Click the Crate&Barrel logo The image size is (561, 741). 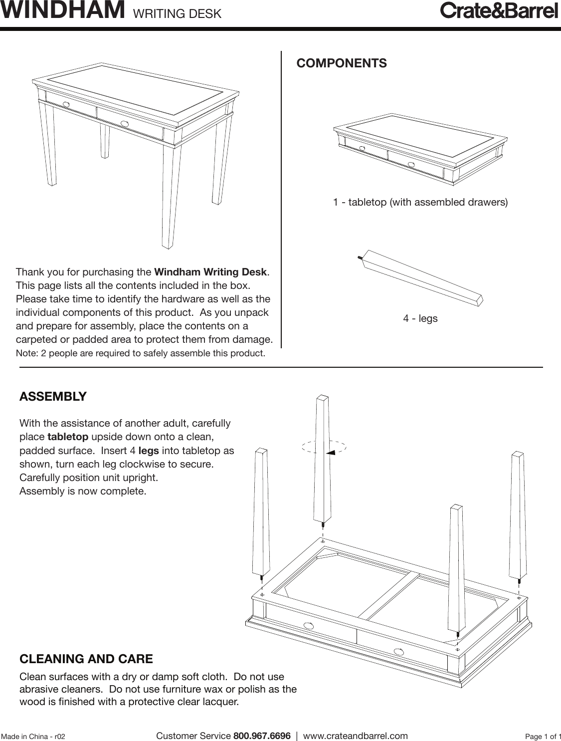click(x=498, y=11)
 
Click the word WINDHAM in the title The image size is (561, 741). click(x=63, y=10)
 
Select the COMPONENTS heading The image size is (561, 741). click(x=342, y=63)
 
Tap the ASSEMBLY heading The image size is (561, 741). click(x=53, y=397)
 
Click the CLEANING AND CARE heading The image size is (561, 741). click(x=86, y=659)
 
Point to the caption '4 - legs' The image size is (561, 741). click(x=420, y=318)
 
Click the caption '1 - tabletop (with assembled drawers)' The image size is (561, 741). click(x=420, y=203)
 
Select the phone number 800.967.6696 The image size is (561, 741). click(x=262, y=736)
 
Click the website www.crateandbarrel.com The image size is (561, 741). click(x=356, y=736)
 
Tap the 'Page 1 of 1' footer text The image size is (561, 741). click(x=543, y=737)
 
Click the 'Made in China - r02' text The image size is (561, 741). click(x=33, y=737)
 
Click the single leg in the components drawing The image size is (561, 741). click(x=422, y=277)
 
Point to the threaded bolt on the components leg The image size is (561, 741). click(x=360, y=257)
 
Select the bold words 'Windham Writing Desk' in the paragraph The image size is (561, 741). click(x=210, y=272)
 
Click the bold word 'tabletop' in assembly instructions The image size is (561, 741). click(x=68, y=438)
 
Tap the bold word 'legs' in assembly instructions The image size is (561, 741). click(x=149, y=451)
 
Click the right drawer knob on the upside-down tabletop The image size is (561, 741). click(x=398, y=651)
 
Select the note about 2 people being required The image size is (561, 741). click(x=141, y=354)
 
